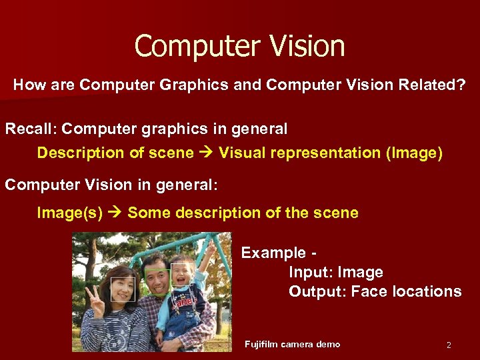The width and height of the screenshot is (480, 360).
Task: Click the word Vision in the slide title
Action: [x=307, y=46]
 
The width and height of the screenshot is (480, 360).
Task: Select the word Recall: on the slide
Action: [x=31, y=128]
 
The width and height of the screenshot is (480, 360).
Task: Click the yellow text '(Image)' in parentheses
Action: [x=414, y=153]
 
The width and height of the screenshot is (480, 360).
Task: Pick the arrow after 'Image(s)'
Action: [x=115, y=213]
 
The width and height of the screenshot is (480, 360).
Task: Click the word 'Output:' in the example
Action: [x=317, y=291]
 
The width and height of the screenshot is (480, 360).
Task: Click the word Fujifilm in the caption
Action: [x=261, y=344]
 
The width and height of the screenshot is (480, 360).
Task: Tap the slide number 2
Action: [x=449, y=345]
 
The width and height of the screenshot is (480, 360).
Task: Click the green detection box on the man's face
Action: [x=157, y=281]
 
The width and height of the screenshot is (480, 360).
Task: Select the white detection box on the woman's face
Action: [x=123, y=289]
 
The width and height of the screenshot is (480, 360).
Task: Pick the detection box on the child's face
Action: [x=181, y=275]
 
